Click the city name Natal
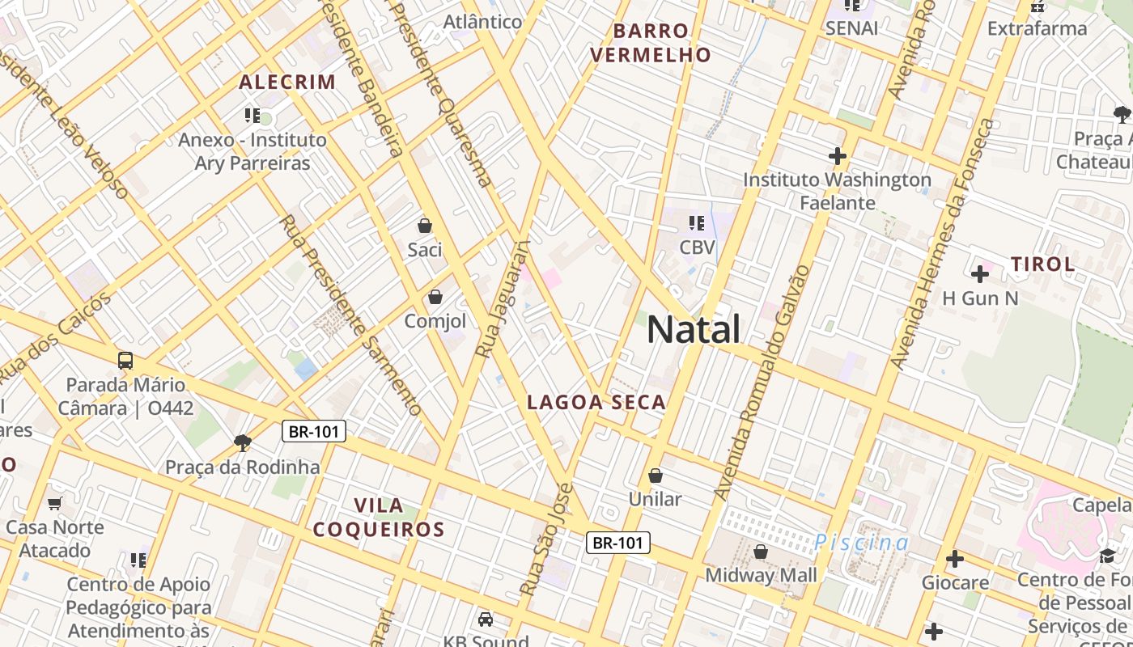click(x=694, y=330)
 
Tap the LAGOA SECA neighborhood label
click(x=596, y=402)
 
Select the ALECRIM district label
click(x=287, y=82)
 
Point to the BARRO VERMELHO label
click(x=651, y=43)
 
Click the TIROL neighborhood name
click(x=1043, y=264)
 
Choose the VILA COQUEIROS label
click(x=379, y=518)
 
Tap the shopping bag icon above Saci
click(x=425, y=226)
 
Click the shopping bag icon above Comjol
click(x=435, y=297)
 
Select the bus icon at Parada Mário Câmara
click(x=125, y=361)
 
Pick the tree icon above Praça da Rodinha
click(x=242, y=442)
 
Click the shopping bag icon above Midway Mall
click(x=761, y=552)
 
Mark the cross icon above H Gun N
click(x=979, y=274)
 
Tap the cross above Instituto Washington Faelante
click(x=838, y=155)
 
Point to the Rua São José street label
click(x=547, y=539)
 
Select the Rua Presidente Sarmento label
click(x=351, y=315)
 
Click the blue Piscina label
click(x=862, y=542)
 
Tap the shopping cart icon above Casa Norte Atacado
click(x=55, y=504)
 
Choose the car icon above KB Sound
click(x=486, y=620)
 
